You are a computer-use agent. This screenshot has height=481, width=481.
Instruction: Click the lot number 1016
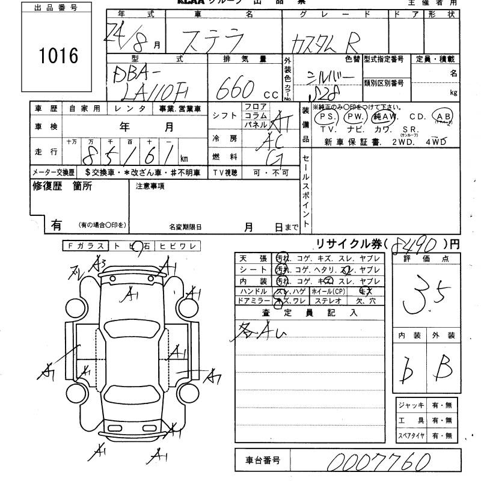[59, 56]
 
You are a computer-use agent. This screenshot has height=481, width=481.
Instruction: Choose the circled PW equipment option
[356, 116]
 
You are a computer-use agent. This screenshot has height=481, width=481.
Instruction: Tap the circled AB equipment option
[445, 116]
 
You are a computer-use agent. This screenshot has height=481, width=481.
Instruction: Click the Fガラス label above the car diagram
[85, 245]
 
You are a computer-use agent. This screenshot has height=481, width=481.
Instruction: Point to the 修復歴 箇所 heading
[61, 186]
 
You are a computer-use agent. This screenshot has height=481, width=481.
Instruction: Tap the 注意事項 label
[150, 186]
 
